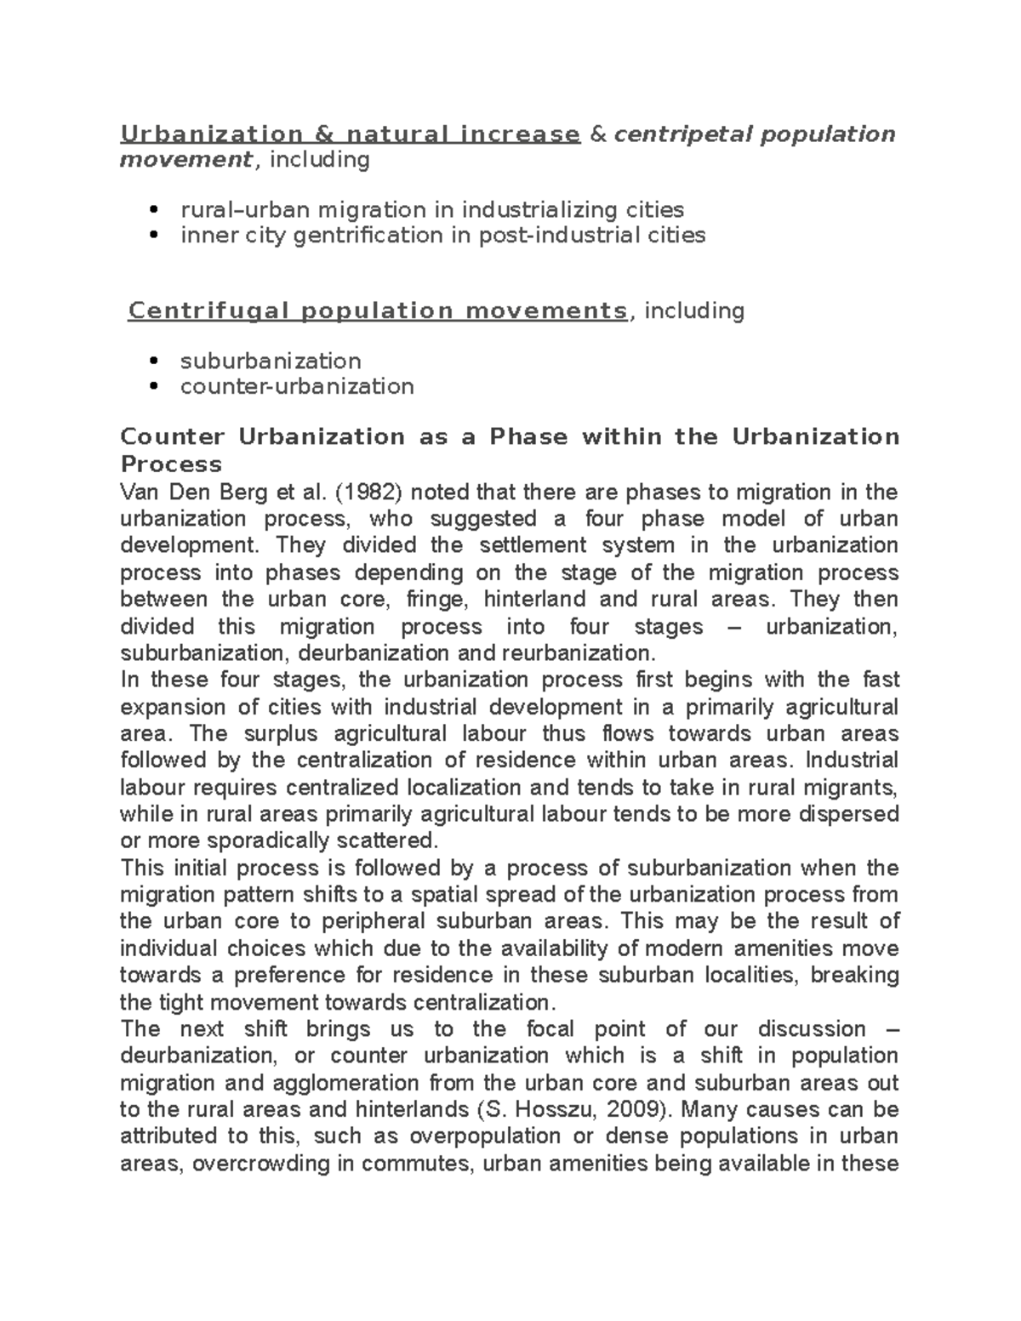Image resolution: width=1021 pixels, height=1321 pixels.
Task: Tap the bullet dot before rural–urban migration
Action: (x=154, y=210)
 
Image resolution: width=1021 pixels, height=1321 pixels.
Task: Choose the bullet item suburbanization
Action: (x=271, y=361)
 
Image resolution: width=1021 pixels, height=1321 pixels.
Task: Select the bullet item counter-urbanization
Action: (x=297, y=386)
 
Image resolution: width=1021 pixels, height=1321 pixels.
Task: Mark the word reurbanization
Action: (x=580, y=653)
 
